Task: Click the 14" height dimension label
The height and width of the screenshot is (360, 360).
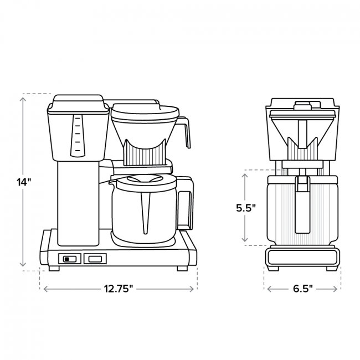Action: (x=24, y=182)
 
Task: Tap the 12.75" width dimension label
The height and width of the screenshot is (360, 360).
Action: (x=119, y=289)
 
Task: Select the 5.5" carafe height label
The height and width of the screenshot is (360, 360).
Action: (x=246, y=208)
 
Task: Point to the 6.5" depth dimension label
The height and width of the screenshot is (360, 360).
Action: (x=303, y=289)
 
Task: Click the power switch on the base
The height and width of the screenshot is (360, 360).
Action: (x=70, y=259)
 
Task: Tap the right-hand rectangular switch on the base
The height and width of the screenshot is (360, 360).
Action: (x=95, y=259)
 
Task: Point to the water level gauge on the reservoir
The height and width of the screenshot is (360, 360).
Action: (x=78, y=136)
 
